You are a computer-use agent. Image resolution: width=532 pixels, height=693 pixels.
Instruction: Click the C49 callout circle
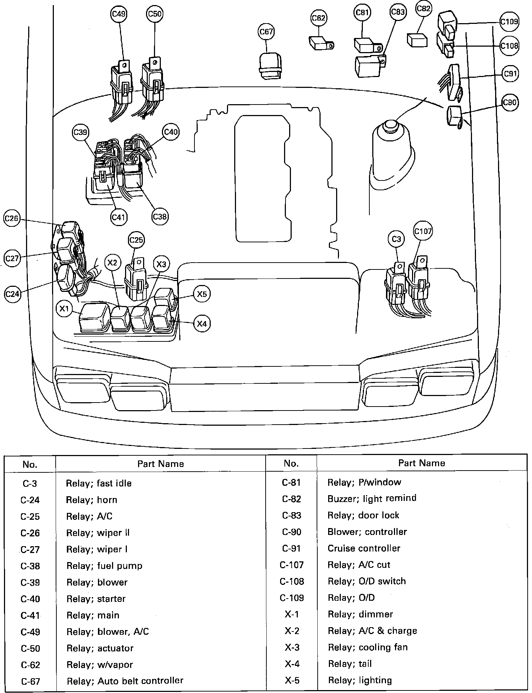coord(119,14)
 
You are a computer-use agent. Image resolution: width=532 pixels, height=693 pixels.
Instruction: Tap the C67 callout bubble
coord(266,32)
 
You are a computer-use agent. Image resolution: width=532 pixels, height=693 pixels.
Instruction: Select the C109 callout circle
coord(509,22)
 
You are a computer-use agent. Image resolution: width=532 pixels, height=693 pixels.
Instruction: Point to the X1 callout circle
coord(64,309)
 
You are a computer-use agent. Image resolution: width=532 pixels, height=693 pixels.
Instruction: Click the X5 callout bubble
coord(202,294)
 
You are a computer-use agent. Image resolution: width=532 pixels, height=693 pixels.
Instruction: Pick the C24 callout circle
coord(12,294)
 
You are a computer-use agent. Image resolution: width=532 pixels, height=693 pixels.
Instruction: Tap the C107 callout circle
coord(422,231)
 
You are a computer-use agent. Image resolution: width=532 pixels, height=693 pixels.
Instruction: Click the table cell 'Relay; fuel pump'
coord(104,566)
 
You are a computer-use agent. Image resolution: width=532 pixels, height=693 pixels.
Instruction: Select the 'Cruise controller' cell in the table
coord(364,548)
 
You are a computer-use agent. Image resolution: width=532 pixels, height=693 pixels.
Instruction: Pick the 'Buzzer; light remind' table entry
coord(372,498)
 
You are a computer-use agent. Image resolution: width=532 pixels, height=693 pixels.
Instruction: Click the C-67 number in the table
coord(30,681)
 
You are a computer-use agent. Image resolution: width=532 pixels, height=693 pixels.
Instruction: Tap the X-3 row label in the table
coord(292,647)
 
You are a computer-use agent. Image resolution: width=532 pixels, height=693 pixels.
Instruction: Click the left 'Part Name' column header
coord(160,464)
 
